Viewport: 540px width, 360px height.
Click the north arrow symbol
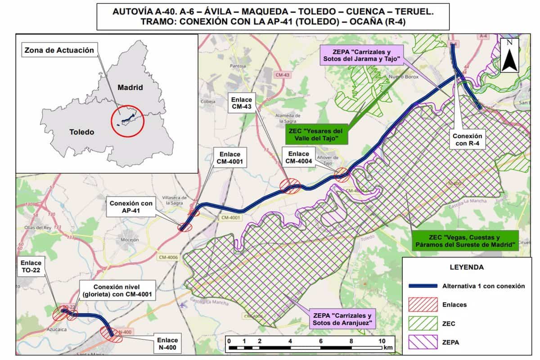tap(510, 55)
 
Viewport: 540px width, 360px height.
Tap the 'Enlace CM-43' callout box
tap(242, 102)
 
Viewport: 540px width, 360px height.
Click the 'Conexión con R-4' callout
tap(467, 140)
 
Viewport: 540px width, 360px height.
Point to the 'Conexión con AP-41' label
tap(131, 207)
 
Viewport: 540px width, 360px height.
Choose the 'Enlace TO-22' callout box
tap(31, 267)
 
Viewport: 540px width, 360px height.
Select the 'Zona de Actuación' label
tap(59, 50)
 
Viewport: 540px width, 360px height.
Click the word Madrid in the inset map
tap(130, 87)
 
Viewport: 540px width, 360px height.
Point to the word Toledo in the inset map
tap(82, 132)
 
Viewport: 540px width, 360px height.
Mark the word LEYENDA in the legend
tap(467, 267)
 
